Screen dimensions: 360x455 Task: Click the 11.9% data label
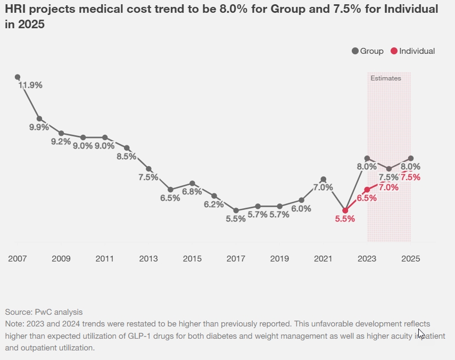(30, 85)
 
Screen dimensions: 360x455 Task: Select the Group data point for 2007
(18, 77)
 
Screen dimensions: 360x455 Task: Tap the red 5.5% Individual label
(345, 219)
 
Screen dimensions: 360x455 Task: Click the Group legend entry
(367, 51)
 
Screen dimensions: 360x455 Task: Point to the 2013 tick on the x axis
(148, 259)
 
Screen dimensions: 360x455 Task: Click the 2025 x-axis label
(411, 259)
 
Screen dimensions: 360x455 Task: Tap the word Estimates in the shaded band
(386, 78)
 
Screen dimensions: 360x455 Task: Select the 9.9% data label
(39, 127)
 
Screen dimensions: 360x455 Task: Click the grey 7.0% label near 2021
(323, 187)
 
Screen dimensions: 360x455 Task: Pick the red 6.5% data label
(367, 198)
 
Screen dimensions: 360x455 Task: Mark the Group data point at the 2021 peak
(323, 179)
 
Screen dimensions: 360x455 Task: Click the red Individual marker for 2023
(367, 190)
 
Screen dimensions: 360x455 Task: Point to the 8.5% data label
(127, 157)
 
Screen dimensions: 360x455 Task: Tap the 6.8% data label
(192, 192)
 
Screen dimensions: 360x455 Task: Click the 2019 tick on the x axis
(279, 259)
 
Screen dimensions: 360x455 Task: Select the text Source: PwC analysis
(44, 312)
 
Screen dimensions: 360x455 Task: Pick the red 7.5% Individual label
(411, 177)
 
